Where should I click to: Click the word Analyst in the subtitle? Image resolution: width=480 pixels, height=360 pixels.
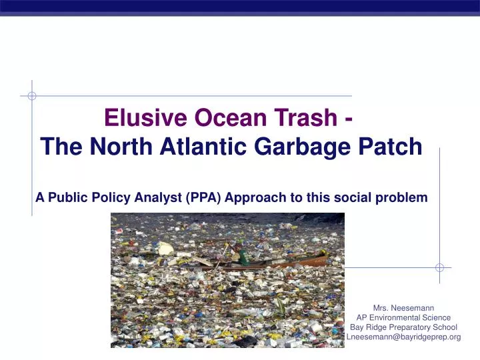(x=160, y=197)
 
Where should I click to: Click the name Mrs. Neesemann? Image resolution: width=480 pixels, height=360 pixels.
(x=404, y=308)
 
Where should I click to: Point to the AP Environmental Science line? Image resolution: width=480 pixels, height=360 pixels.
(x=404, y=318)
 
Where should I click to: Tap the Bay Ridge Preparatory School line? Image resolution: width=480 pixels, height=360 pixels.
(x=404, y=327)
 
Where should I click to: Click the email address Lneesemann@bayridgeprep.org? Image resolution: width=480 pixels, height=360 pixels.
(x=404, y=337)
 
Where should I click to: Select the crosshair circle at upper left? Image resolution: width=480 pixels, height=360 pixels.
(x=32, y=96)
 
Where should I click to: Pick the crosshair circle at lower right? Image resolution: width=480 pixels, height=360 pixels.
(x=439, y=267)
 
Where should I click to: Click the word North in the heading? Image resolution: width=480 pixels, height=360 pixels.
(x=107, y=146)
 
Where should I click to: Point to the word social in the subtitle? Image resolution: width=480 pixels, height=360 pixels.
(x=355, y=197)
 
